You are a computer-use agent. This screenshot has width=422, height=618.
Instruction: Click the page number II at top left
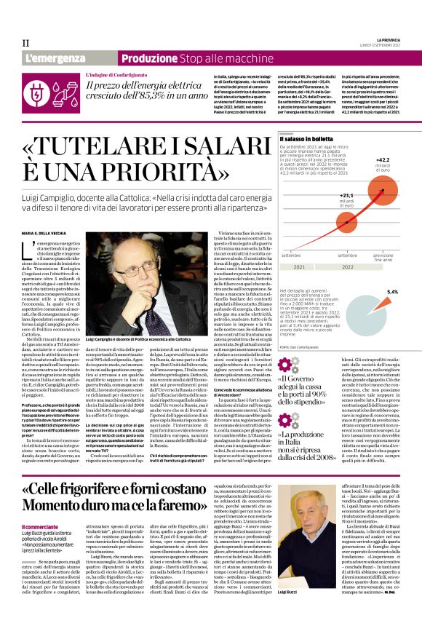tap(25, 43)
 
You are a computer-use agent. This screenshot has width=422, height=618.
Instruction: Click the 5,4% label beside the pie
tap(392, 292)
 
